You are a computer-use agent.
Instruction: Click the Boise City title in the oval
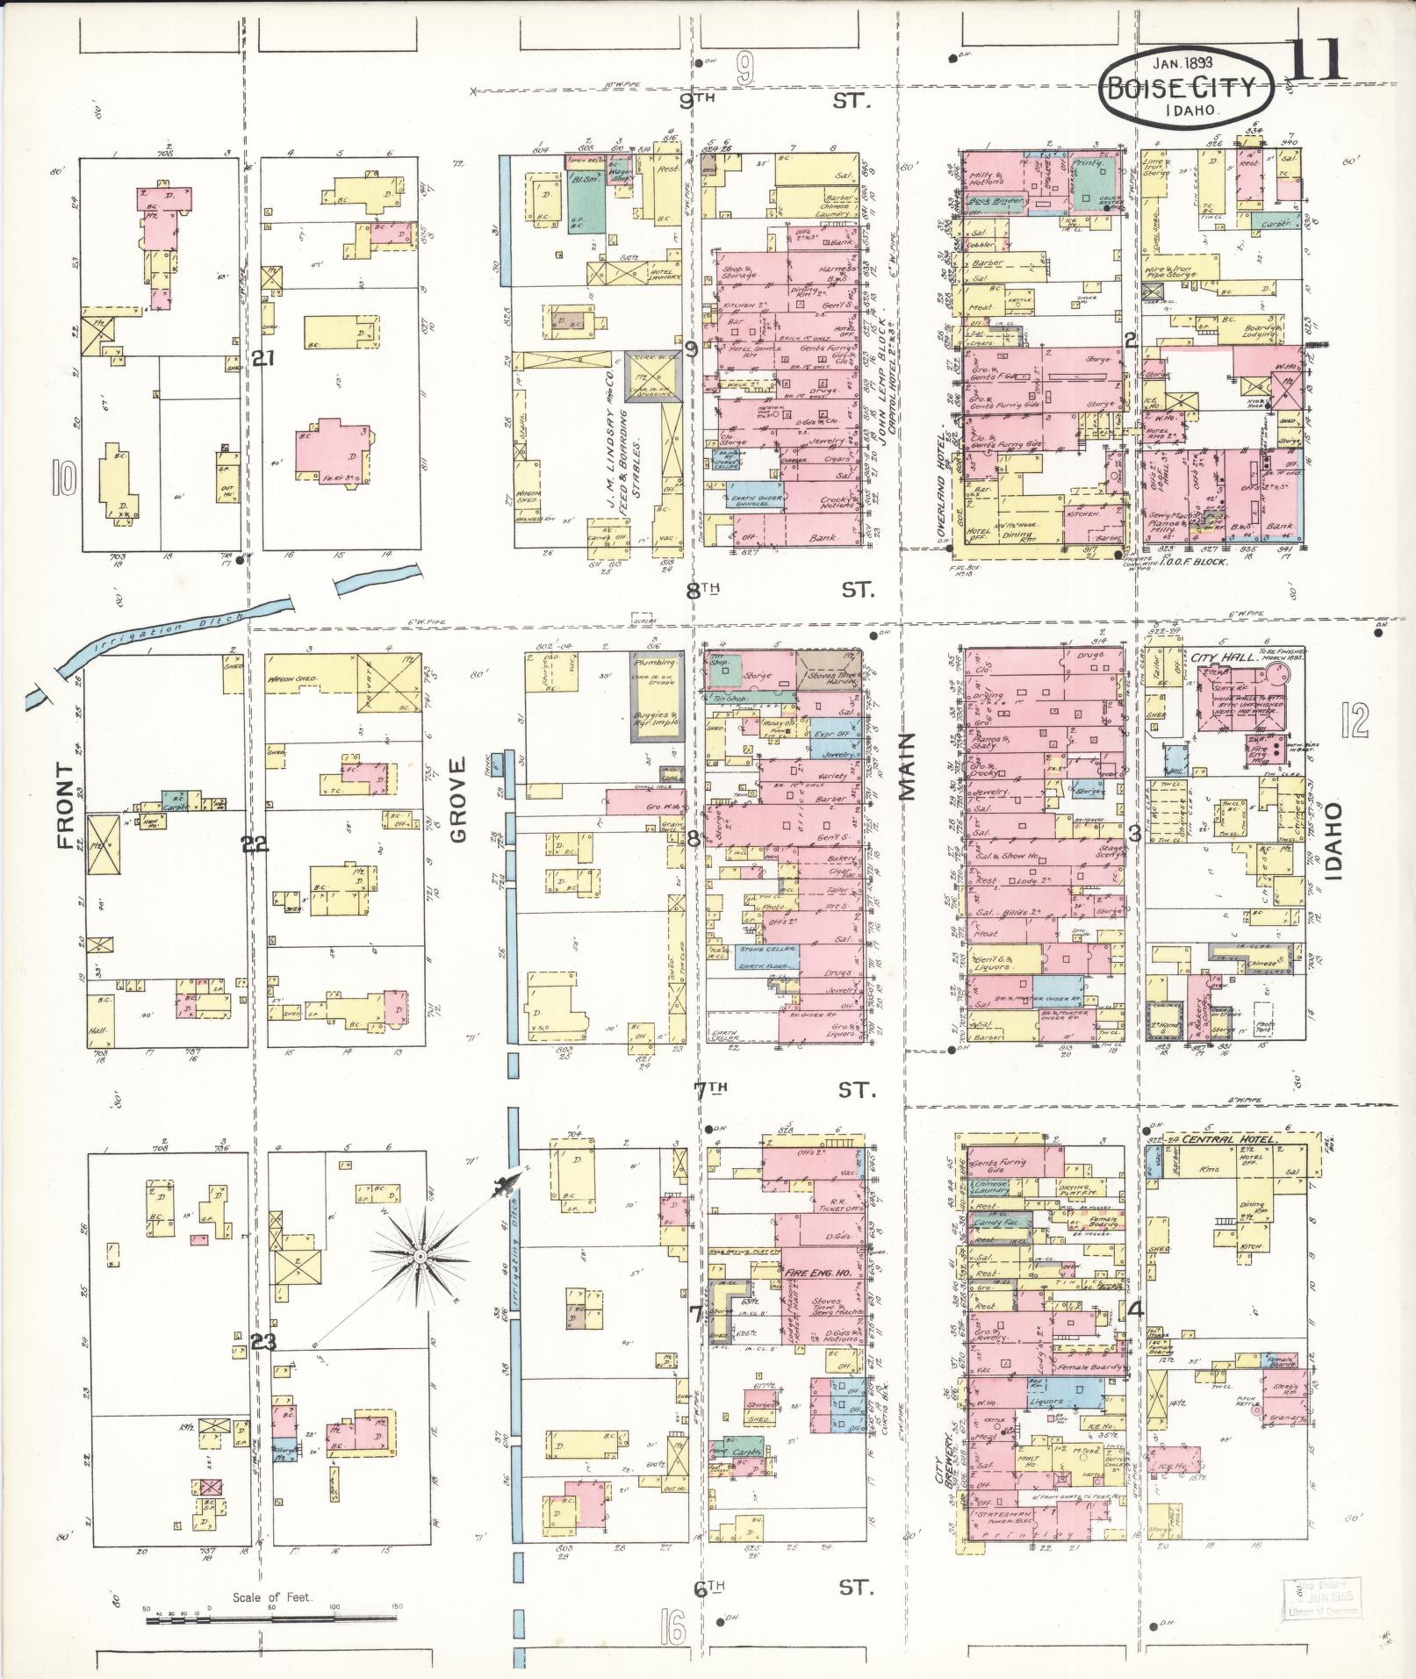(1177, 89)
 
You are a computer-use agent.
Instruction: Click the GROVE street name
(459, 812)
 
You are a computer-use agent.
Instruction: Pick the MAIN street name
(906, 768)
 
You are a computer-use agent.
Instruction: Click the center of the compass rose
(420, 1257)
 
